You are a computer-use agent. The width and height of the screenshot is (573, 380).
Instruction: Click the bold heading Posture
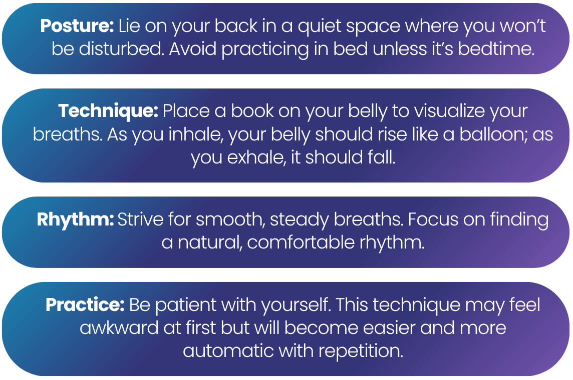click(x=77, y=26)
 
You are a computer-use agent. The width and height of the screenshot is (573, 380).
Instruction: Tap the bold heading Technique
click(x=108, y=111)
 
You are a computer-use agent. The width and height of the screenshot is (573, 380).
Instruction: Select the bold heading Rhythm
click(x=75, y=220)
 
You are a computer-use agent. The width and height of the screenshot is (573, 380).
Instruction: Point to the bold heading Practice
click(x=85, y=305)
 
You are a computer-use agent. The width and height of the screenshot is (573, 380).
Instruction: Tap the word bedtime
click(x=496, y=49)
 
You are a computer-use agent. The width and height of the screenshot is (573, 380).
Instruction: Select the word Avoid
click(x=192, y=49)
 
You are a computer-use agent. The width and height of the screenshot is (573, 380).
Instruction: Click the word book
click(x=252, y=111)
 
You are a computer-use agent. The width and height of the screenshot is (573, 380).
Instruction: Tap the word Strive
click(x=140, y=219)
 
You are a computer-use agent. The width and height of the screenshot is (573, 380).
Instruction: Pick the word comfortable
click(x=301, y=242)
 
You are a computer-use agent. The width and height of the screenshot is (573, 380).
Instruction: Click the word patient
click(x=186, y=305)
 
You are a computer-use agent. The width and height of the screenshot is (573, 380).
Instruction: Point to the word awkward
click(x=119, y=328)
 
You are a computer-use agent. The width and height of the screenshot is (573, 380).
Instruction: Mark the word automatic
click(x=228, y=351)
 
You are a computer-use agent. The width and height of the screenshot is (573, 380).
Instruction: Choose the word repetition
click(x=361, y=351)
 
